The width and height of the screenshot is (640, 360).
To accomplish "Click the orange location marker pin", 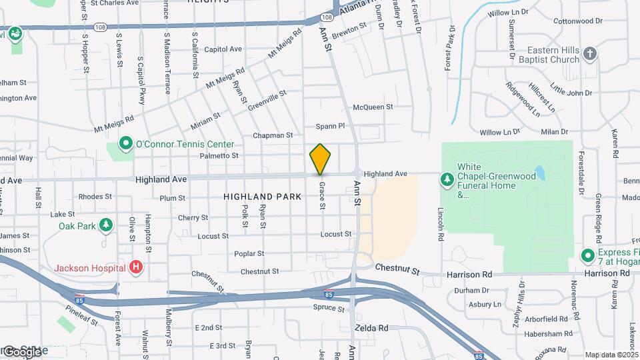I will pos(320,159).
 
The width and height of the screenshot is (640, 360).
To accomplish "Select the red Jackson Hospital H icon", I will pos(136,268).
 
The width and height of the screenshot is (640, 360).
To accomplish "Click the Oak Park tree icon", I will pos(105,225).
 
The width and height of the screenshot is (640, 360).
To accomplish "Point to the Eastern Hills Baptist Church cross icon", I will pos(589,53).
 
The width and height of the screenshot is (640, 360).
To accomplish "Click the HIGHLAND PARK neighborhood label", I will pos(259,197).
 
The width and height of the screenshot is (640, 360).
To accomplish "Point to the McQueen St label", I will pos(373,107).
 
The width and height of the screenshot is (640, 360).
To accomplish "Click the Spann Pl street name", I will pos(330,125).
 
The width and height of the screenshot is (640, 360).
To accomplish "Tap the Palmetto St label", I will pos(219,155).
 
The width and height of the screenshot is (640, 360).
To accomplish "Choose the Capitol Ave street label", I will pos(223,49).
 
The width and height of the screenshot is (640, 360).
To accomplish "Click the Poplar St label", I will pos(249,253).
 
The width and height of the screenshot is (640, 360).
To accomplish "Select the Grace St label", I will pos(322,196).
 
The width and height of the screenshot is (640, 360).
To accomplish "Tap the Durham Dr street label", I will pos(471,291).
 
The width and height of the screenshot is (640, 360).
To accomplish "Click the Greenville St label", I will pos(267,99).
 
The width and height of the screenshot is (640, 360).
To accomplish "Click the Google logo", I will pos(21,351).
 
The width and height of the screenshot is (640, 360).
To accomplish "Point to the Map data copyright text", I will pos(611,355).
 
